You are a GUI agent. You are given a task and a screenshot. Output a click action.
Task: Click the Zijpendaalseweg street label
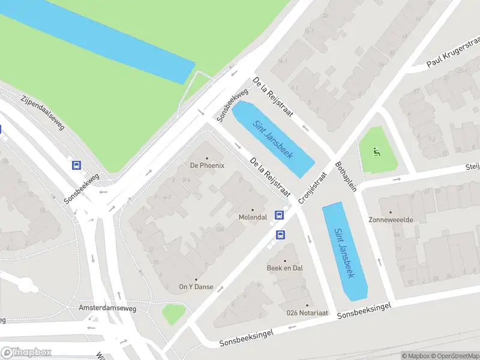click(42, 113)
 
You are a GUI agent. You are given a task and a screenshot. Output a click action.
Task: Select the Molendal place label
click(252, 217)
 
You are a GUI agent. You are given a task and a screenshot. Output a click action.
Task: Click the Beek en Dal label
click(284, 268)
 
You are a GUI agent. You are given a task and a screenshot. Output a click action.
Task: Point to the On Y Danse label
click(196, 287)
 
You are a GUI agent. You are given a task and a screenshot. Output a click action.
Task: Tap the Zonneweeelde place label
click(391, 220)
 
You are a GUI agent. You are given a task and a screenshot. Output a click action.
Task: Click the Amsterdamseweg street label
click(107, 308)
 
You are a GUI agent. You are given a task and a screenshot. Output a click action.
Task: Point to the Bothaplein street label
click(346, 176)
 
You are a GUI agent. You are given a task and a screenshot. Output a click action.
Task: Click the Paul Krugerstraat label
click(454, 55)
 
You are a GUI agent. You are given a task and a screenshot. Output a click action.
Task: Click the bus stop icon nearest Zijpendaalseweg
click(76, 165)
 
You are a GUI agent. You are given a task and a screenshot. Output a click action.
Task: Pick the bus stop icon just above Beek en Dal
click(280, 235)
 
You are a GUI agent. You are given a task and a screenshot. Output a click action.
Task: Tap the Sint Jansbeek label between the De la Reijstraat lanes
click(272, 139)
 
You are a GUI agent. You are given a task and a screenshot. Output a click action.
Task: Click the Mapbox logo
click(26, 352)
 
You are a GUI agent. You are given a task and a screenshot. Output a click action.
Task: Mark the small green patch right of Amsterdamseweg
click(173, 313)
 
